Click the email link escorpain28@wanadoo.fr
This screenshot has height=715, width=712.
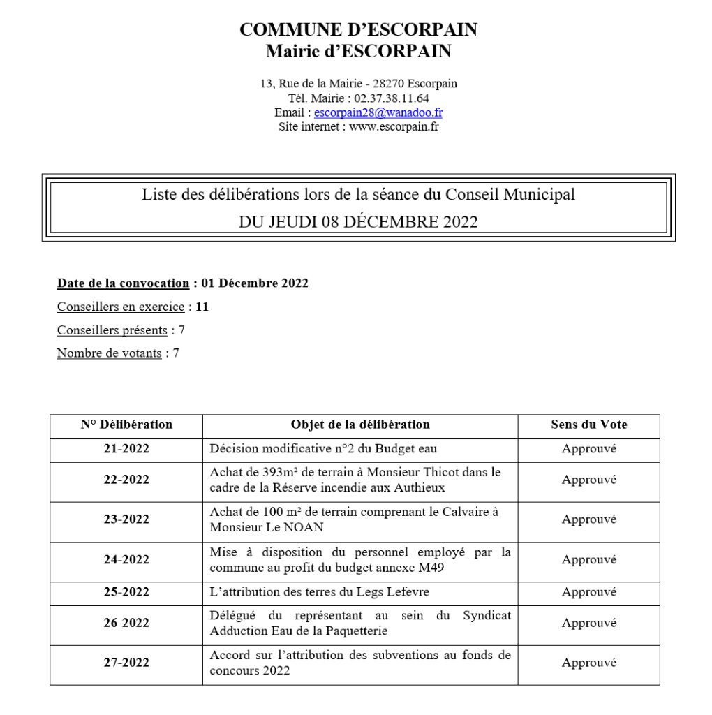tap(378, 112)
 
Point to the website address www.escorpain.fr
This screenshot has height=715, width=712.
tap(394, 127)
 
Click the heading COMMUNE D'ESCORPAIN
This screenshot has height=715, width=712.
tap(358, 29)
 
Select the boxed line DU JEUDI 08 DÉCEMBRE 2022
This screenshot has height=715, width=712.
tap(358, 222)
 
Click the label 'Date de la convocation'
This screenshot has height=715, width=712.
tap(123, 283)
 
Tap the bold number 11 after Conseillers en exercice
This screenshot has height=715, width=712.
tap(202, 307)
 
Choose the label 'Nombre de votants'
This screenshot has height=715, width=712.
tap(109, 353)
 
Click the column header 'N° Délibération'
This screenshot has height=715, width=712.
tap(126, 425)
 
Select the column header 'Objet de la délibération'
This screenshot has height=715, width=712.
tap(360, 425)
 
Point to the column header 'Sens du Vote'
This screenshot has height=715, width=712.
tap(588, 425)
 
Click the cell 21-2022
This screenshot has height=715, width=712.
tap(126, 449)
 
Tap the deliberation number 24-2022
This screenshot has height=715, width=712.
tap(126, 559)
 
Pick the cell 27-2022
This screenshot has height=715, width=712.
tap(126, 662)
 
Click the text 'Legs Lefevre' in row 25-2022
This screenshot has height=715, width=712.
tap(397, 592)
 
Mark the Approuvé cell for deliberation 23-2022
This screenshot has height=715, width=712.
tap(588, 519)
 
